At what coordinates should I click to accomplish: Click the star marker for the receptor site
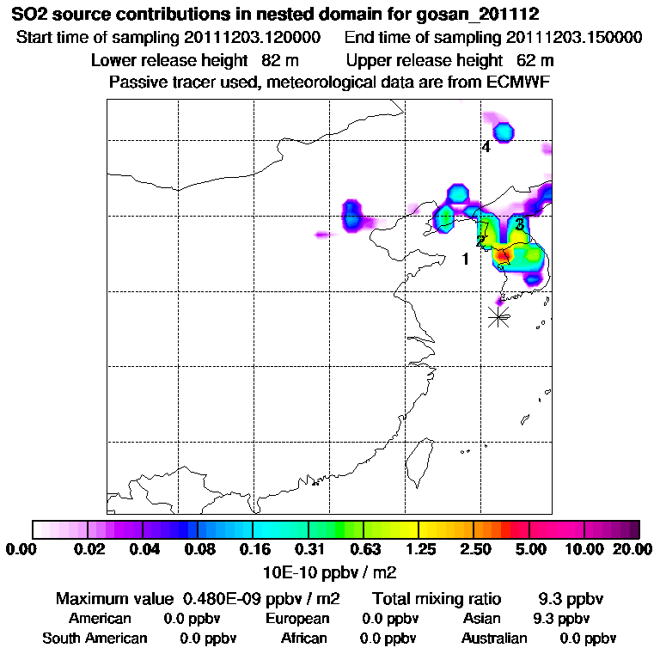coord(498,316)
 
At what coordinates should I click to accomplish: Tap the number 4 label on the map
coord(486,147)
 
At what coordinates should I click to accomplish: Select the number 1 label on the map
coord(465,259)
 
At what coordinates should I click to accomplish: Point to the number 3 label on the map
coord(520,224)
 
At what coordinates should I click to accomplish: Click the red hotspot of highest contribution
coord(504,254)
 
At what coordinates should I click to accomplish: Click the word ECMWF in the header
coord(520,82)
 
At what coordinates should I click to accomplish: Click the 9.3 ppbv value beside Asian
coord(561,619)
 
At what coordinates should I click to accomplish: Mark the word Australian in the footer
coord(494,639)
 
